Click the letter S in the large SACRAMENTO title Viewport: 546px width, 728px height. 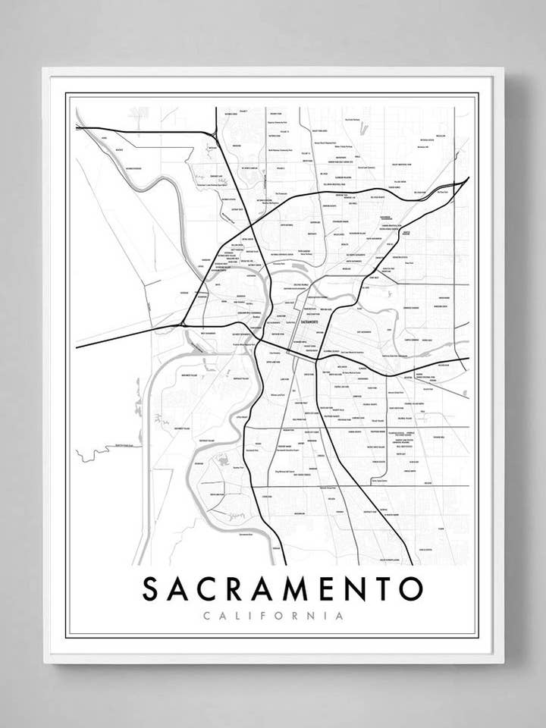[x=151, y=589]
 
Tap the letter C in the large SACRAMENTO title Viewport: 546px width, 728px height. [x=211, y=589]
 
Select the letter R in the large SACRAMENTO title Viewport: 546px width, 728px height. [x=240, y=589]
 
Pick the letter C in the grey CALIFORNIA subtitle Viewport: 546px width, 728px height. [x=207, y=616]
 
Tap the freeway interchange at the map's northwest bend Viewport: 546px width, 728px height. [x=214, y=134]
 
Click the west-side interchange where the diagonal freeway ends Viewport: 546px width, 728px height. [x=184, y=325]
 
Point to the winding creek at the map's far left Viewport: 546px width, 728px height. [x=95, y=453]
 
